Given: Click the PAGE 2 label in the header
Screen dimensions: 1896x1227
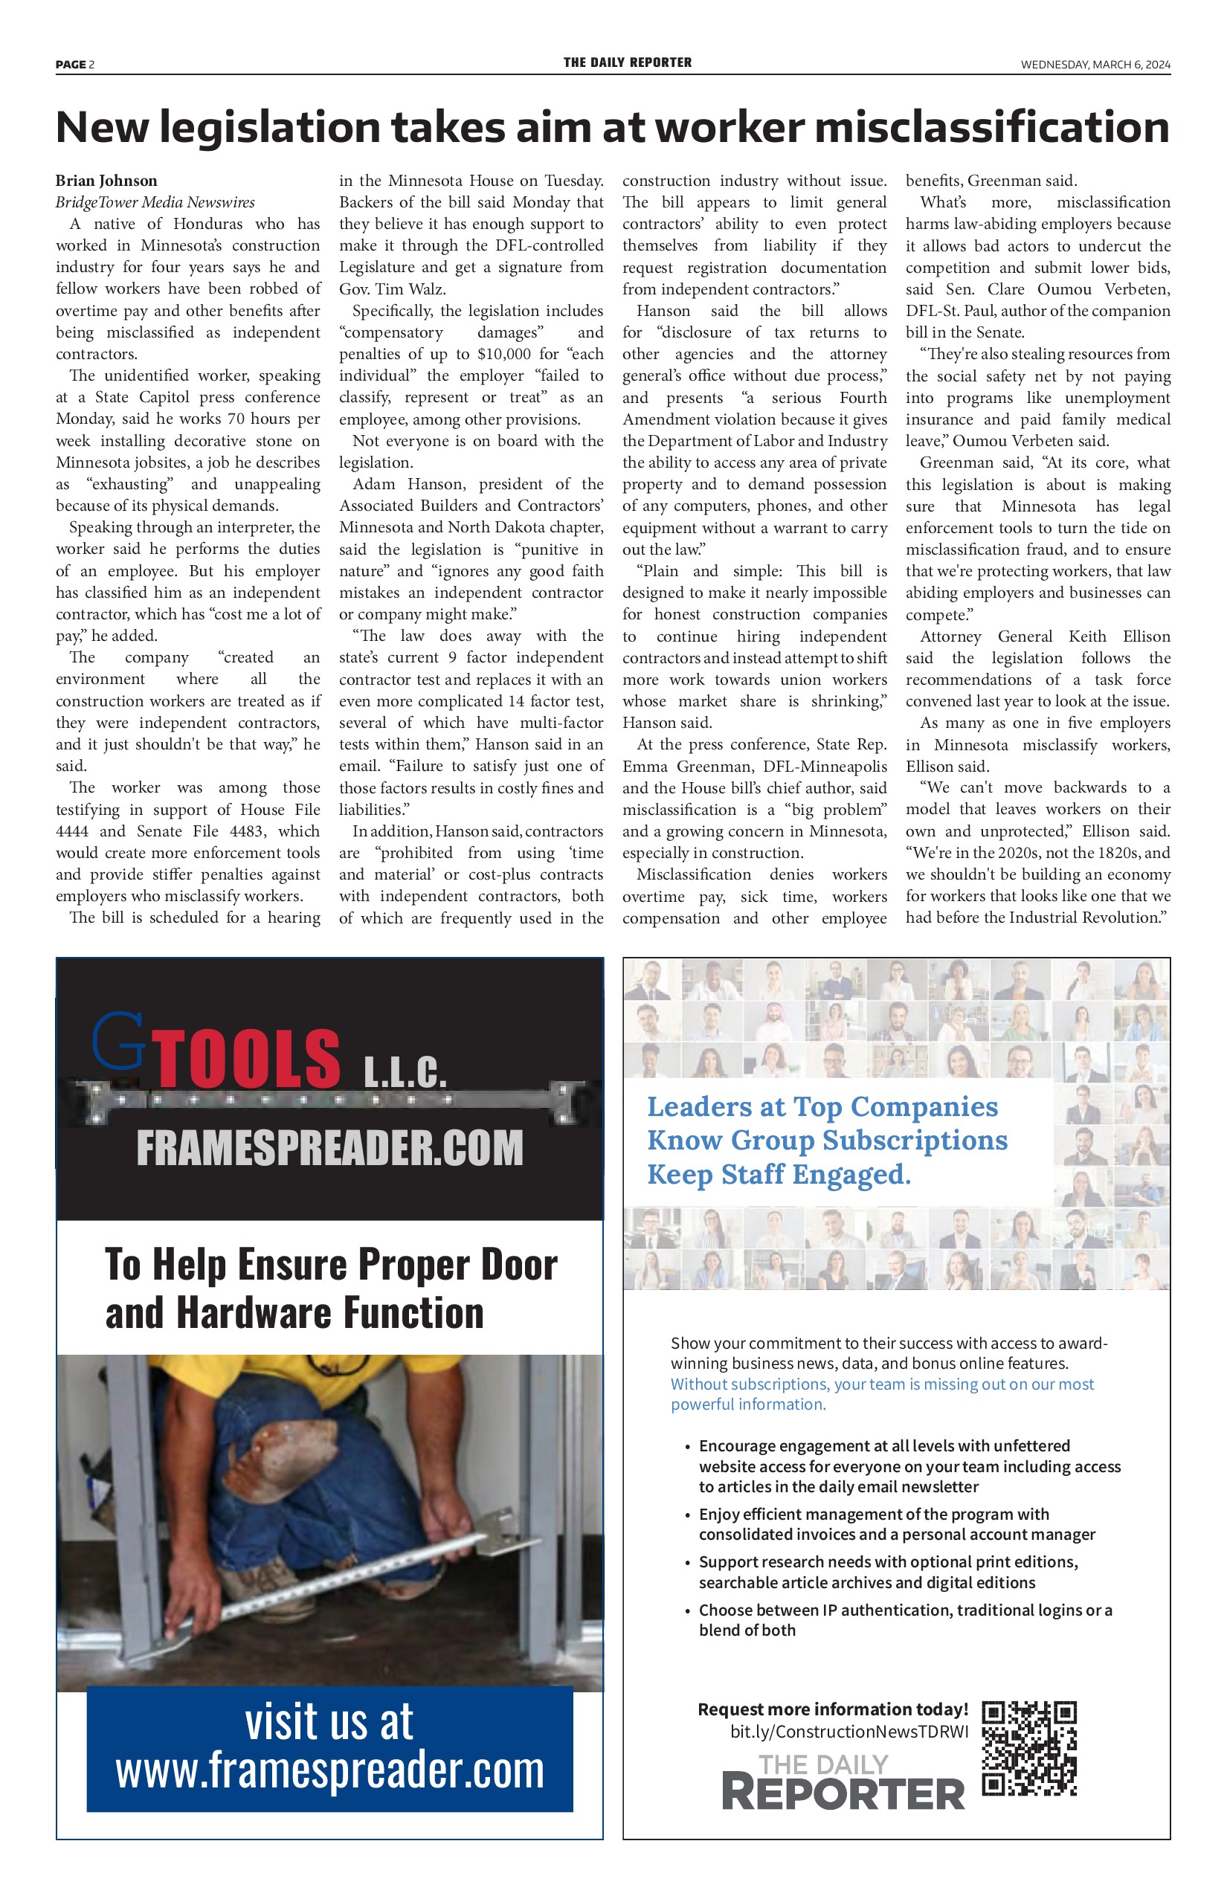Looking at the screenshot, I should click(75, 65).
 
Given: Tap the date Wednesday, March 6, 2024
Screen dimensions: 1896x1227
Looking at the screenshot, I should click(1095, 65).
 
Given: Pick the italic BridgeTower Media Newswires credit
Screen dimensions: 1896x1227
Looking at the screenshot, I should click(155, 202).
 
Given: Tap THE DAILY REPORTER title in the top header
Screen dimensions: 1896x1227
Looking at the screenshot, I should click(627, 63).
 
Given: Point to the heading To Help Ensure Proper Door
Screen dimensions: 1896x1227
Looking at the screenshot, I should click(331, 1265).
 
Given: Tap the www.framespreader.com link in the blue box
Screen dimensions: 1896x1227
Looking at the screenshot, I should click(330, 1771).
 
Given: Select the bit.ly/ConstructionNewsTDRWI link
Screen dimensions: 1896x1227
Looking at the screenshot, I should click(849, 1731).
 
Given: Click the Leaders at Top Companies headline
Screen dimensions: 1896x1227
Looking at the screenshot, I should click(822, 1106).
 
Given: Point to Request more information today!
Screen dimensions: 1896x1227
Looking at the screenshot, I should click(833, 1709).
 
